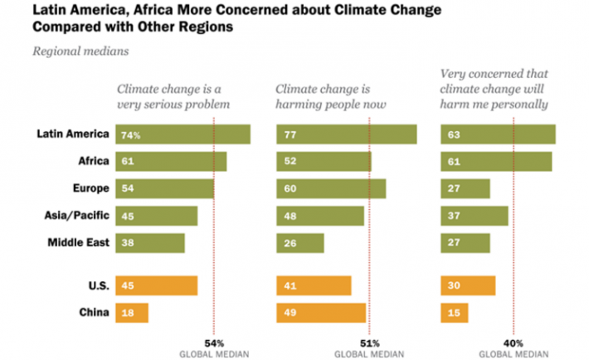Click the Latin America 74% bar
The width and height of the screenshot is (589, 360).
(x=183, y=134)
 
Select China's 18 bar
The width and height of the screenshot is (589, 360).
(x=132, y=313)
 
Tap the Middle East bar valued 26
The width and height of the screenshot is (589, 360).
(x=299, y=244)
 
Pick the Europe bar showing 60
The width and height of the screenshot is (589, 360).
(x=331, y=189)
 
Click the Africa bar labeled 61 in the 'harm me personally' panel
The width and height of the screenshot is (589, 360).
(x=496, y=162)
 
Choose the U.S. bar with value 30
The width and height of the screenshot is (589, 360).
(x=468, y=285)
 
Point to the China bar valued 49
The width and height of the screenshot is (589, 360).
(x=321, y=313)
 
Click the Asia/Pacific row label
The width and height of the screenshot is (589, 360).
(x=75, y=216)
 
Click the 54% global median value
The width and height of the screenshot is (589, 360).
(x=214, y=343)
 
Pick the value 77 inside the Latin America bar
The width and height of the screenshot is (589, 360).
(x=290, y=134)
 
